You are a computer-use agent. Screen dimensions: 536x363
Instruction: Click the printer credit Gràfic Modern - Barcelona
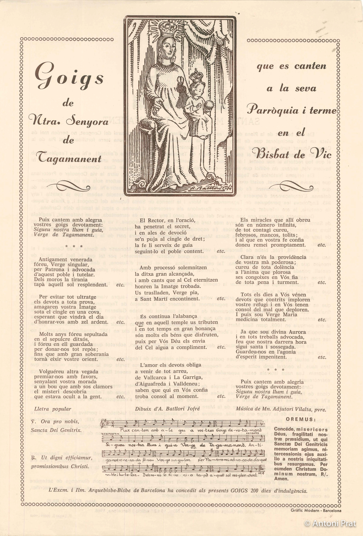pos(316,510)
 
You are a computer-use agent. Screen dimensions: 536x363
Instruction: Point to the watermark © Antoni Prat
pos(330,523)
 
